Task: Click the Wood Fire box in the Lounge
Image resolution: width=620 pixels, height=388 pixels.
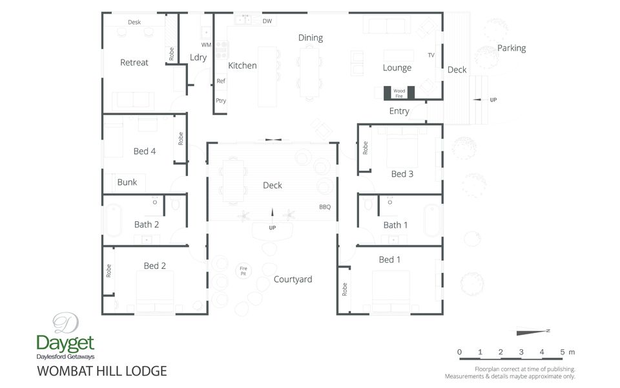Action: point(399,92)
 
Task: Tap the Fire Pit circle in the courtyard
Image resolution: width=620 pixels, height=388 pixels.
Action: point(243,271)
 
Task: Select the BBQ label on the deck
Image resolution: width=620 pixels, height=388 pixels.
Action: point(324,208)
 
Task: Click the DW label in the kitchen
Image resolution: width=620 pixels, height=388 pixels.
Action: point(267,21)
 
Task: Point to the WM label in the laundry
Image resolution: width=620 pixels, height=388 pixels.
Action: point(206,45)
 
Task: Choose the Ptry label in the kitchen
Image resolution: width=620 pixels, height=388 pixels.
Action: point(221,100)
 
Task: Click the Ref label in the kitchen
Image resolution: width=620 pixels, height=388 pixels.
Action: point(221,81)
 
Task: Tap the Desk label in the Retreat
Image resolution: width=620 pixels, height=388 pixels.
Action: point(134,22)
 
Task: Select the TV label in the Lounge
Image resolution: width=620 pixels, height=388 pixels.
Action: point(431,55)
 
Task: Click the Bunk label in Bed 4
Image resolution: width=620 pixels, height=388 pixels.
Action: point(127,182)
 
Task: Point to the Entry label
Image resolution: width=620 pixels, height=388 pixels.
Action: point(399,111)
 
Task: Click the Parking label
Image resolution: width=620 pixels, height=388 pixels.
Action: point(512,48)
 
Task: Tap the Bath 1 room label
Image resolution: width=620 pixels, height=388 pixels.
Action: point(395,225)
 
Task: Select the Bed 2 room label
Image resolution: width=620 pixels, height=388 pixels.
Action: point(155,266)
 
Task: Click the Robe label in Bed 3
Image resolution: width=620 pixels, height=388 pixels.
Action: point(366,148)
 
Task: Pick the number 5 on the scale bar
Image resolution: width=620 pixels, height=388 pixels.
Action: point(562,352)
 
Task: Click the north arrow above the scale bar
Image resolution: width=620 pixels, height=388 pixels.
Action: point(532,332)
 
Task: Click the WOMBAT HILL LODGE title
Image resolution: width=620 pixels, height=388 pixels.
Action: point(102,371)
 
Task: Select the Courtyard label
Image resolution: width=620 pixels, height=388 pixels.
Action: point(293,279)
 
